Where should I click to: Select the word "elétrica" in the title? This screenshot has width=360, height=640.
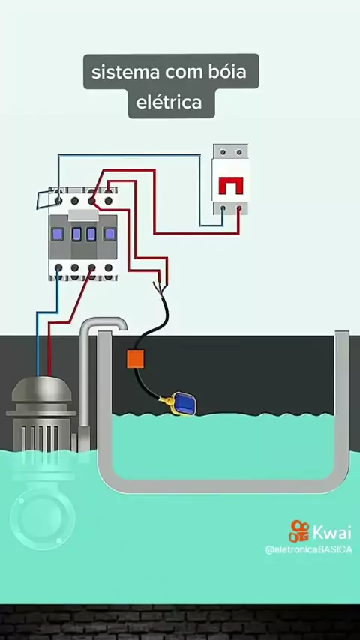[x=169, y=102]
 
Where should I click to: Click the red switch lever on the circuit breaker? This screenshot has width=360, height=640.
[x=231, y=186]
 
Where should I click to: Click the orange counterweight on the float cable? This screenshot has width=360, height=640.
[x=136, y=359]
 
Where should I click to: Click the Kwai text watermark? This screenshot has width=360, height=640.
[x=331, y=532]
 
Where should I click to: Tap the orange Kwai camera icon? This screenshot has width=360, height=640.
[x=299, y=531]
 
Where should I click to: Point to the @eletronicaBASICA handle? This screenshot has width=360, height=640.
[x=308, y=549]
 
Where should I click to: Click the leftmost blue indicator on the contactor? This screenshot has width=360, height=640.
[x=58, y=234]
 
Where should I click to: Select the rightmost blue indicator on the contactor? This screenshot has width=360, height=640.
[x=109, y=234]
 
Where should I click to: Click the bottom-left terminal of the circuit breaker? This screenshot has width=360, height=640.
[x=223, y=208]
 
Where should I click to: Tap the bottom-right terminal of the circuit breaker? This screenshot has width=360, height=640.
[x=239, y=208]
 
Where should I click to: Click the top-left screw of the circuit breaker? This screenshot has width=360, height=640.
[x=223, y=152]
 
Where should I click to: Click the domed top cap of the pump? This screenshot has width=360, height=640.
[x=42, y=388]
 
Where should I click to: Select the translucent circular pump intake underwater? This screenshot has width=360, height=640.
[x=43, y=516]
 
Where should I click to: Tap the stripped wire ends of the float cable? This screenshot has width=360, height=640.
[x=161, y=287]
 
